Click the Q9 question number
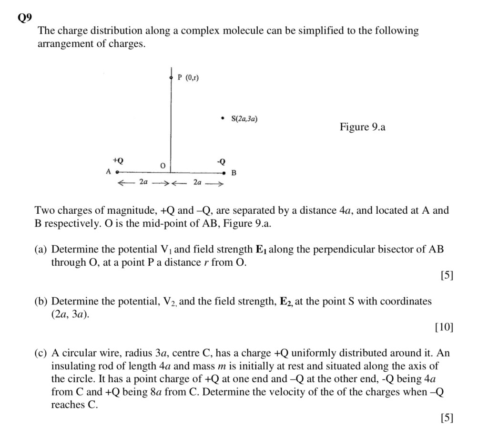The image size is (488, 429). [24, 18]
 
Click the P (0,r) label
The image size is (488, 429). [188, 77]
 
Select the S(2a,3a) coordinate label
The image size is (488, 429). [245, 119]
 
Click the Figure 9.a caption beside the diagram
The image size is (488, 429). [362, 127]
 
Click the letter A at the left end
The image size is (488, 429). [109, 171]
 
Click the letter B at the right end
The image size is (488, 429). [234, 173]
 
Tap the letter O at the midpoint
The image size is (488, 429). [163, 166]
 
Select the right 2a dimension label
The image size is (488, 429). [197, 182]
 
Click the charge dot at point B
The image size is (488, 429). [223, 173]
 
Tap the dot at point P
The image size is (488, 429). [171, 77]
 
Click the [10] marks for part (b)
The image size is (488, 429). [444, 327]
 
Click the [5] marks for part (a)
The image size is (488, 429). [447, 275]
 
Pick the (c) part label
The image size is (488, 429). [41, 354]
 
